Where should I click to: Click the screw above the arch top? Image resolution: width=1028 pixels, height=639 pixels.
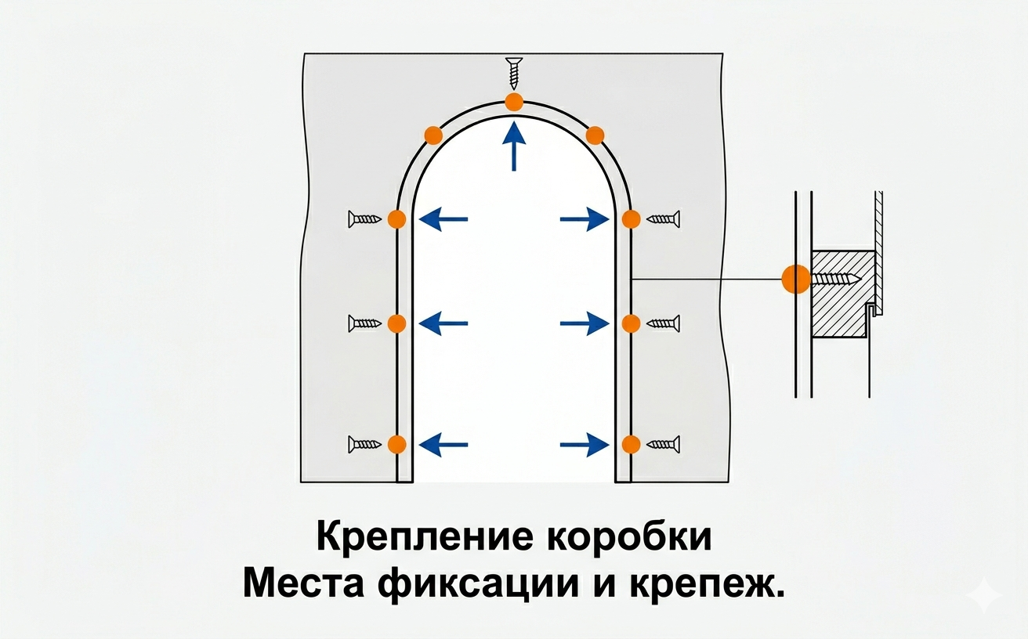coord(514,73)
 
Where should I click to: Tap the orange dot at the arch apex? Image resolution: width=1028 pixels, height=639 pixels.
coord(514,102)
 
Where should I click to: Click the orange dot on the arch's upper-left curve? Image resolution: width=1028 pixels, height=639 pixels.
coord(433,135)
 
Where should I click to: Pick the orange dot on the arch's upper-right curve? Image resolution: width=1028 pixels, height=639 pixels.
coord(595,135)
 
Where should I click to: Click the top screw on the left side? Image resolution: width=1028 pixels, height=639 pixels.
coord(364,219)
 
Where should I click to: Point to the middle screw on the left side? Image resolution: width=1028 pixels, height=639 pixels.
coord(364,323)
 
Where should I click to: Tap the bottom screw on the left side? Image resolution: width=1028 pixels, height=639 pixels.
coord(364,445)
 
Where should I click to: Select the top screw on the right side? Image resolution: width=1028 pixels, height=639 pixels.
coord(664,219)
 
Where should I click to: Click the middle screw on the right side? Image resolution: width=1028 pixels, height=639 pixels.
coord(664,323)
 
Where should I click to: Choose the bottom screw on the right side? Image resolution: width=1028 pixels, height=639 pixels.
coord(664,445)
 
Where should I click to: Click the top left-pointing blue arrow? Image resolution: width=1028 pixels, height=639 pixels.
coord(443,219)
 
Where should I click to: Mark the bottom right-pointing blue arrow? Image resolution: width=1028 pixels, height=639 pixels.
coord(585,445)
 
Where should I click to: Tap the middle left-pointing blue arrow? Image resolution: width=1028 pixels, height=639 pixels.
coord(443,323)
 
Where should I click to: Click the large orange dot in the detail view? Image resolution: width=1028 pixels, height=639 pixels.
coord(796,279)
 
